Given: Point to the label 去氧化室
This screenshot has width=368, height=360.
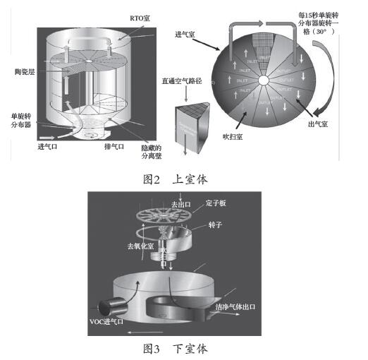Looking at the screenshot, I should point(140,248).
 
